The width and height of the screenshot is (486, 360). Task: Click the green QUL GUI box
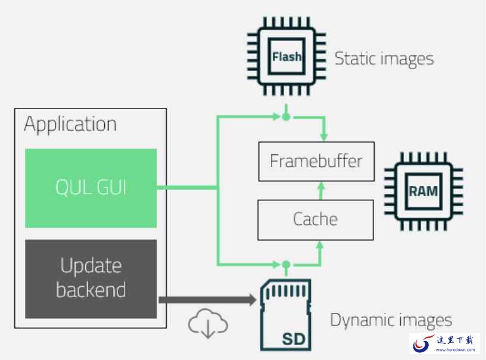tap(91, 188)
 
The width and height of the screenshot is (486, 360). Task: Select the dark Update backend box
tap(91, 279)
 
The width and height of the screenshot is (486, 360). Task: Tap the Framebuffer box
tap(316, 162)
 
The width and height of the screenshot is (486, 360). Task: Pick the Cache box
tap(316, 220)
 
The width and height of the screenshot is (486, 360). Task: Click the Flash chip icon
tap(286, 56)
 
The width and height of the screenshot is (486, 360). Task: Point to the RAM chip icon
tap(423, 191)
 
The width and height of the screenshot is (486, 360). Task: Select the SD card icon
tap(285, 315)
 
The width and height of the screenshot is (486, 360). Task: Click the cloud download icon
tap(208, 323)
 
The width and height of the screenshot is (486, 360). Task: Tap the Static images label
tap(384, 59)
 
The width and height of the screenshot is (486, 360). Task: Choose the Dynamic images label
tap(391, 320)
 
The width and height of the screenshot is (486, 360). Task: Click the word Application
tap(70, 125)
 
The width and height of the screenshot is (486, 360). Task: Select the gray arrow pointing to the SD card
tap(207, 300)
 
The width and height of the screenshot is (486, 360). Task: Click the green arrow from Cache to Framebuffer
tap(321, 191)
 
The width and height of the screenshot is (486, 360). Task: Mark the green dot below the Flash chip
tap(286, 117)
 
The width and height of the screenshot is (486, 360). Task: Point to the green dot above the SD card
tap(286, 265)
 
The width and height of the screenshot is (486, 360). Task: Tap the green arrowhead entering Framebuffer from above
tap(324, 136)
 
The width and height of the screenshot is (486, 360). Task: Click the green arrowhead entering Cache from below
tap(320, 246)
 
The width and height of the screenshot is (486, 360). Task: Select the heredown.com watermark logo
tap(444, 343)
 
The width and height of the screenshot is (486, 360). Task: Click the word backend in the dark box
tap(91, 290)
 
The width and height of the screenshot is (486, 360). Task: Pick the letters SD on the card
tap(294, 339)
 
